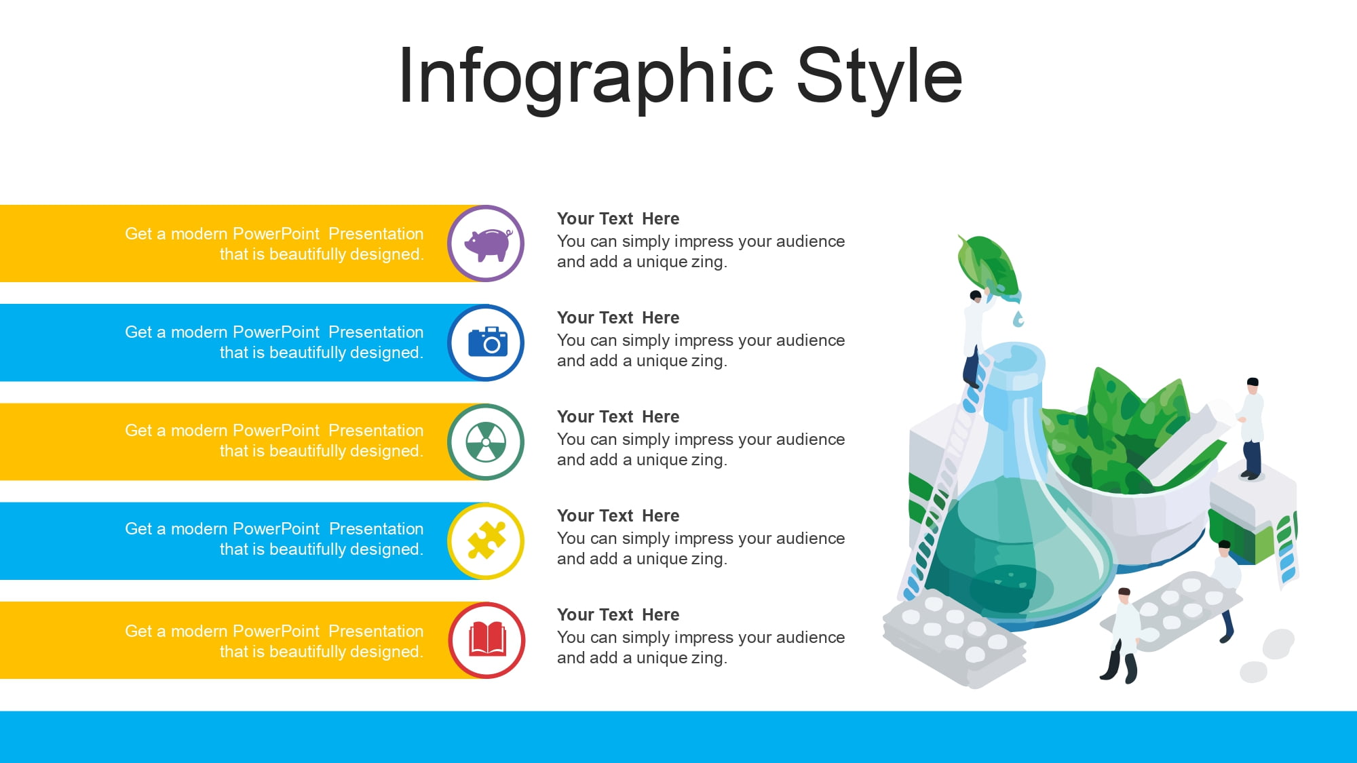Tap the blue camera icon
click(488, 342)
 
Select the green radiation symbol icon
click(486, 442)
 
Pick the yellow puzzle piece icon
click(486, 541)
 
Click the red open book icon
click(487, 639)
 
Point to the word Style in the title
click(879, 76)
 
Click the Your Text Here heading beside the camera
click(618, 317)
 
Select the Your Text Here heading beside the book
click(618, 614)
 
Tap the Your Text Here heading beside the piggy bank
click(618, 218)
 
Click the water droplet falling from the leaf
click(1018, 319)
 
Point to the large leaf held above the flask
click(988, 266)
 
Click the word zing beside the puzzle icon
click(708, 559)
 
